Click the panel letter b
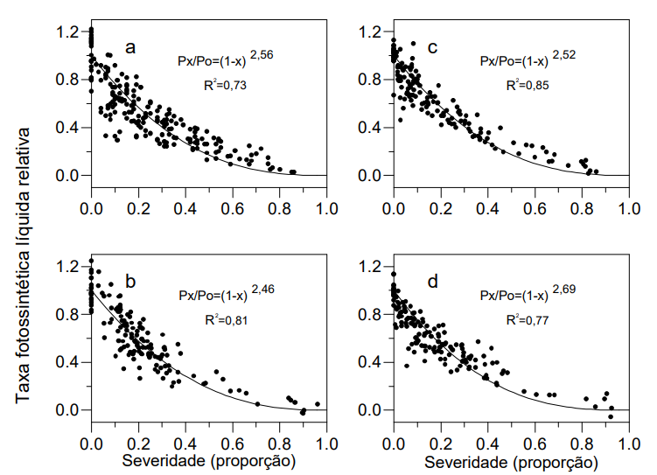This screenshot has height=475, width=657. pos(130,282)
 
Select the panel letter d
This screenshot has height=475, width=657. pos(433,282)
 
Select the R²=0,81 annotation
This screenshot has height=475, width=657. pos(221,319)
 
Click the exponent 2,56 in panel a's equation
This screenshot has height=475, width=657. pos(262,54)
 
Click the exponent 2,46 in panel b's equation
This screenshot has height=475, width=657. pos(262,289)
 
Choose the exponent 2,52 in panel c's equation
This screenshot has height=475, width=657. pos(564,54)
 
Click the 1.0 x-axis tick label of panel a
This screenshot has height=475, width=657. pos(326,208)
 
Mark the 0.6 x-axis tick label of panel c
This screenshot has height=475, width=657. pos(535,208)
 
